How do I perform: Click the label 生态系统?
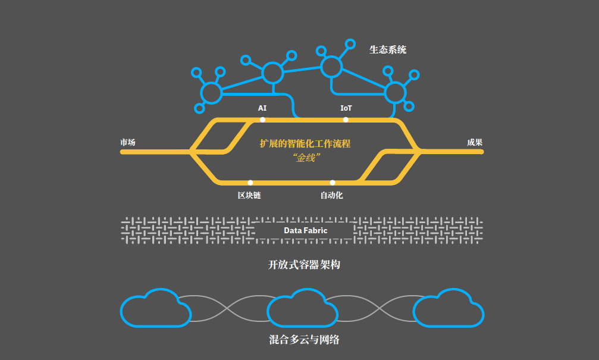coord(388,50)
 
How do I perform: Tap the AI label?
coord(262,108)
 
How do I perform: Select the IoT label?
coord(346,108)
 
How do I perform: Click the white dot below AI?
coord(262,120)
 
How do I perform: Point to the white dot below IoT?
coord(346,120)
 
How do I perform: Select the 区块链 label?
coord(249,195)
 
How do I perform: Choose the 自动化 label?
coord(331,195)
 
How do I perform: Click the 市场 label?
coord(128,142)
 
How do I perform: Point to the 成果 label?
coord(474,142)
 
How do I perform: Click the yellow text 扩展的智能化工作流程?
coord(305,143)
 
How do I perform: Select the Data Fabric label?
coord(305,230)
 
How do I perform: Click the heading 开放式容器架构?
coord(304,265)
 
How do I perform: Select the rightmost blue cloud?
coord(449,309)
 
